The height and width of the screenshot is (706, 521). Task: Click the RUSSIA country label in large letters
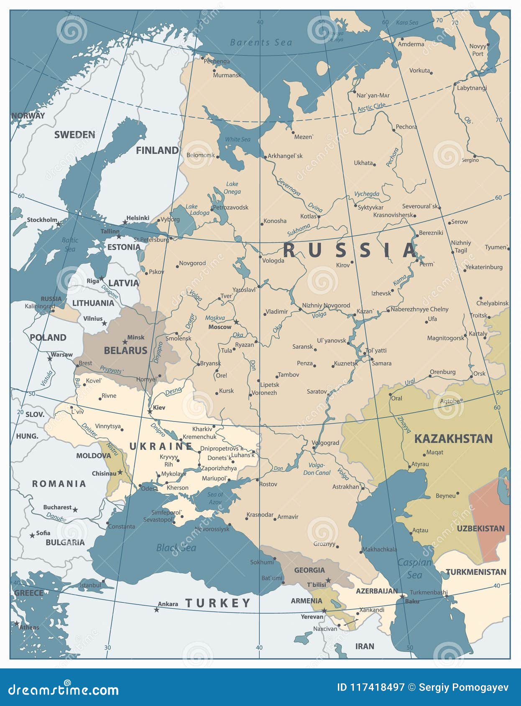coord(350,250)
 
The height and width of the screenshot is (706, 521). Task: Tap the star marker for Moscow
coord(236,322)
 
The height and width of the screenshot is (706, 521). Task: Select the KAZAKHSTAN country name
coord(453,439)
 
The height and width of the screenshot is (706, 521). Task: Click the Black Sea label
coord(176,548)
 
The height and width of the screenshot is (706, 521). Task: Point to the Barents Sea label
coord(261,42)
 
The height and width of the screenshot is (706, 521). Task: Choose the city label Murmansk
coord(227,76)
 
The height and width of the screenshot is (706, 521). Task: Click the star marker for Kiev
coord(150,412)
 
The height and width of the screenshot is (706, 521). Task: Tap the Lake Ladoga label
coord(197,210)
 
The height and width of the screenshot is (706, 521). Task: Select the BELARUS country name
coord(125,350)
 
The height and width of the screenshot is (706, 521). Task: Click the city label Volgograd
coord(325,443)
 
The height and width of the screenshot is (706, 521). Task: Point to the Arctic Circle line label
coord(371,107)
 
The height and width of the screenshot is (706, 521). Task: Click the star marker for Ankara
coord(157,610)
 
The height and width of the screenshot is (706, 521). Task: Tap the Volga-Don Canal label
coord(317,469)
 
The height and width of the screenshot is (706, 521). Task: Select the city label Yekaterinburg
coord(484,267)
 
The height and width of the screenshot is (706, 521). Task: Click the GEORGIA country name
coord(309,570)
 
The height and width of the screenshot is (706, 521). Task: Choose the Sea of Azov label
coord(215,498)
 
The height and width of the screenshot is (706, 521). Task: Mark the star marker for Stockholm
coord(59,224)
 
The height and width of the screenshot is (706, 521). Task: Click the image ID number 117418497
coord(370,688)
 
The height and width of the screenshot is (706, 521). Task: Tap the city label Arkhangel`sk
coord(285,156)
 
